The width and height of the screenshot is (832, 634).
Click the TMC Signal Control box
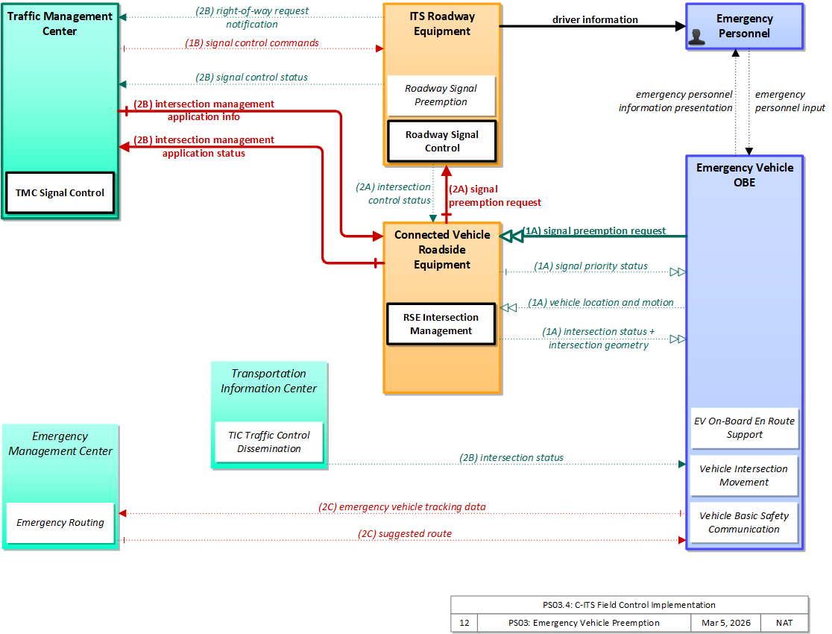click(x=60, y=192)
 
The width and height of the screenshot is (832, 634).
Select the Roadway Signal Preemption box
click(x=441, y=95)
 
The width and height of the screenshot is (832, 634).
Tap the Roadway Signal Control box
click(x=442, y=141)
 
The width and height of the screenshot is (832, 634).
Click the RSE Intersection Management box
click(x=441, y=324)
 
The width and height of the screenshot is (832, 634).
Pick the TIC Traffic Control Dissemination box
click(x=269, y=442)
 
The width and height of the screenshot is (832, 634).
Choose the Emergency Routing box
click(x=60, y=523)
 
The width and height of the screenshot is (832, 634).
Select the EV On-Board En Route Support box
click(x=745, y=427)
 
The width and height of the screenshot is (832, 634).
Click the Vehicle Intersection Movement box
click(x=744, y=475)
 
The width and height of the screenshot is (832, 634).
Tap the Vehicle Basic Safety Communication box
click(x=744, y=523)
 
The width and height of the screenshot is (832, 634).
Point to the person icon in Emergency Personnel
click(x=697, y=37)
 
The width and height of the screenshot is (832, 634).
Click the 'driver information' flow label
click(x=596, y=19)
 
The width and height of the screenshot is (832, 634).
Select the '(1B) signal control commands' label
click(x=252, y=43)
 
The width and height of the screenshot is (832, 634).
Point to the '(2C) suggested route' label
click(x=405, y=533)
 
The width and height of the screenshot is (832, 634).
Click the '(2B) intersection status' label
click(x=511, y=458)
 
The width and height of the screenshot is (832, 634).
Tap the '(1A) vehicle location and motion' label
click(x=601, y=303)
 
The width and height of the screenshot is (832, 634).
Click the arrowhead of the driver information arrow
click(x=680, y=26)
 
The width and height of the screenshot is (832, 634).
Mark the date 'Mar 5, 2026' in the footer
click(x=726, y=623)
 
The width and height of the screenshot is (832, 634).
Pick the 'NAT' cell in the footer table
click(x=784, y=623)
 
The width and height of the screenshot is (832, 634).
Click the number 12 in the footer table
click(x=464, y=623)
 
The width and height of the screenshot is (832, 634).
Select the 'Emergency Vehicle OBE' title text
click(x=745, y=175)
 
